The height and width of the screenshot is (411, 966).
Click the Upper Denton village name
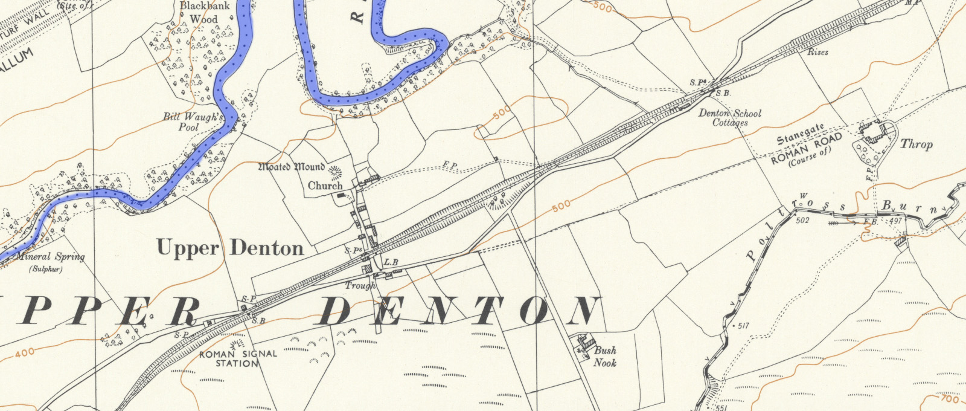point(230,248)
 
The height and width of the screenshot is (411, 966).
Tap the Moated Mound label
point(292,167)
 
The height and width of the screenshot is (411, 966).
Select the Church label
point(325,186)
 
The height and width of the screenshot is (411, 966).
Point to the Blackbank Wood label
point(199,13)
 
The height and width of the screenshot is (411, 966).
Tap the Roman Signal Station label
point(238,358)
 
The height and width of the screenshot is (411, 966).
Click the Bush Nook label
point(605,356)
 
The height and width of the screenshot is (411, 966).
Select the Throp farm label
point(916,144)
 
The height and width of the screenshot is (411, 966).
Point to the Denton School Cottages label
point(730,117)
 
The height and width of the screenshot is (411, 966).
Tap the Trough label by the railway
point(360,285)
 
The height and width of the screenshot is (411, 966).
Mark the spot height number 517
point(743,326)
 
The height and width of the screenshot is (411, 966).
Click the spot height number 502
point(802,220)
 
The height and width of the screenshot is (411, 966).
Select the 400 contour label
point(25,352)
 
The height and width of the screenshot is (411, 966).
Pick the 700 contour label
point(950,400)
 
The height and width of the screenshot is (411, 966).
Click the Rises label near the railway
point(817,53)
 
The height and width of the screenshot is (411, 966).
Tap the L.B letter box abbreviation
point(391,262)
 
